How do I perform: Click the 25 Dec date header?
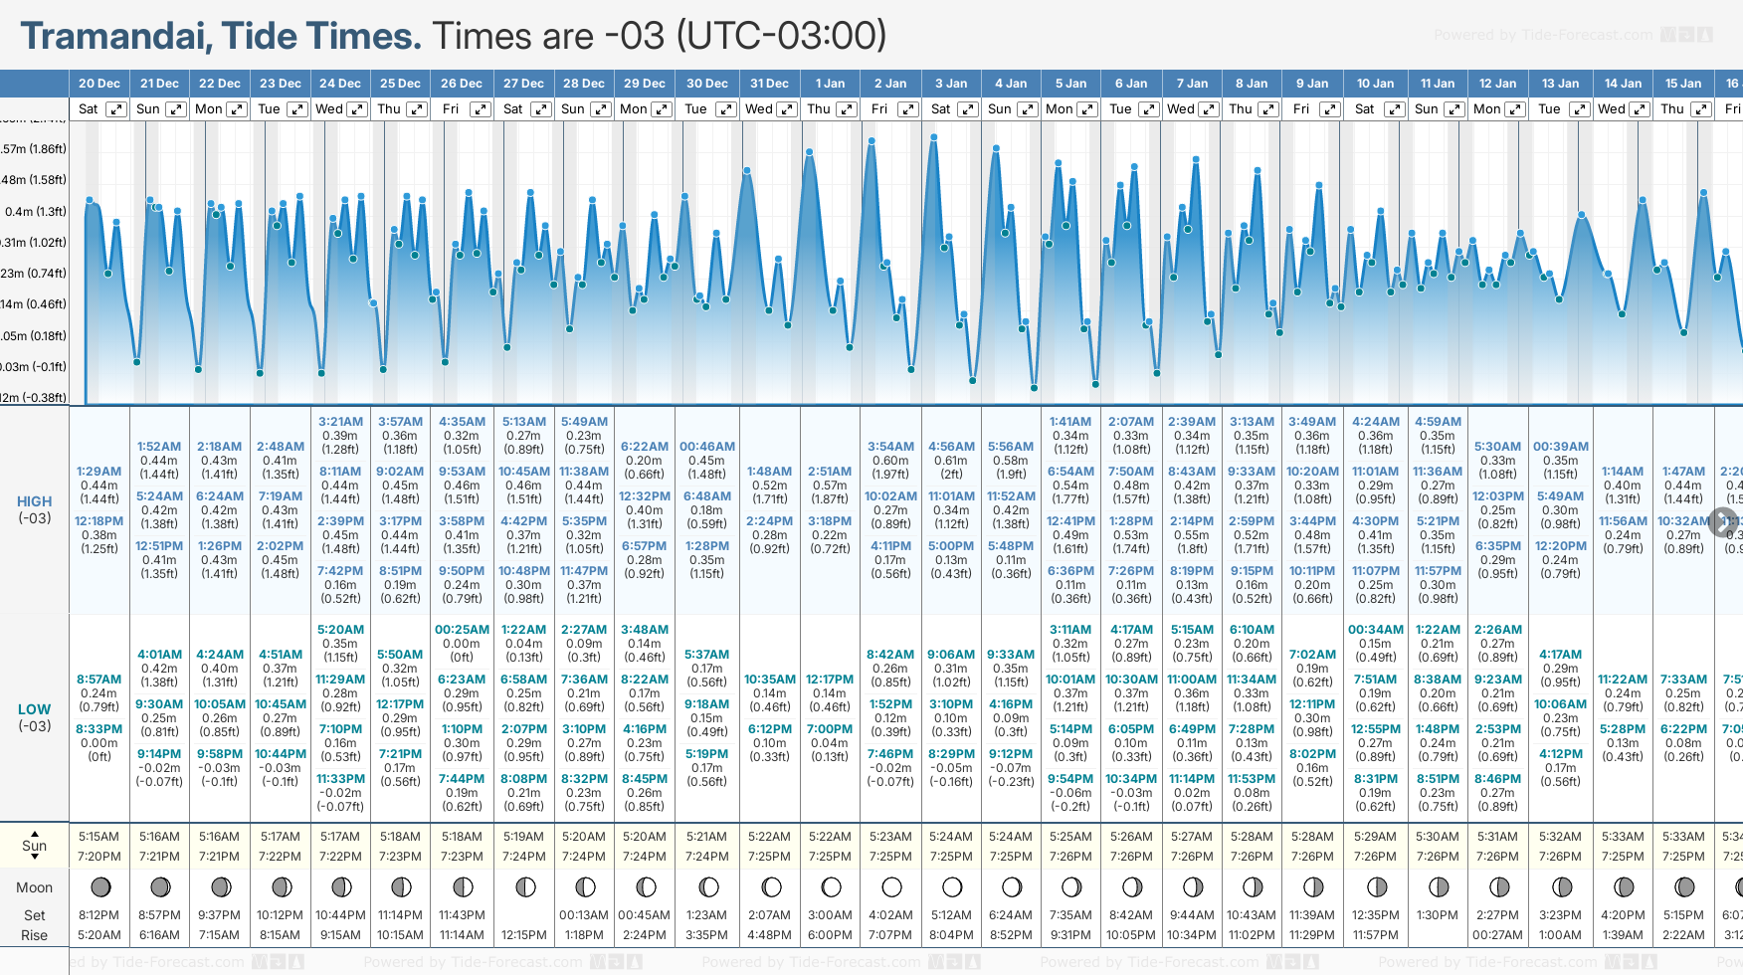pos(400,84)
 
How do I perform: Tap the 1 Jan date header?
pos(830,84)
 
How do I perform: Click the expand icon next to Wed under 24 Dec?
pos(356,109)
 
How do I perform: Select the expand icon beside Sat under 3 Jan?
pos(967,109)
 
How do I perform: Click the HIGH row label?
pos(34,501)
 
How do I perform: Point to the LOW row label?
pos(34,709)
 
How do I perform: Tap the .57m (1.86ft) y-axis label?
pos(34,149)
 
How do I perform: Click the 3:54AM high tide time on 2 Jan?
pos(890,447)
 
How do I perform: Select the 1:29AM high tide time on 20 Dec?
pos(99,472)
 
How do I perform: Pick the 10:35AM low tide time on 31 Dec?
pos(770,680)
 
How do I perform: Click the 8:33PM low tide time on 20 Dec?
pos(99,729)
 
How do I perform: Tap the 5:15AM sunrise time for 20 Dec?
pos(99,837)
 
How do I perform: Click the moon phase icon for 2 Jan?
pos(891,886)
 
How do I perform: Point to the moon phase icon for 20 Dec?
pos(99,886)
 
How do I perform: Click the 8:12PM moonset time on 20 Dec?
pos(99,915)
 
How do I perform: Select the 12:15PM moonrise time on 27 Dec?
pos(524,935)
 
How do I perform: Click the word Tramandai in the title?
pos(114,36)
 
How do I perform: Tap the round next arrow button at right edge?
pos(1723,521)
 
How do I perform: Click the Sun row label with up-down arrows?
pos(34,846)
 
